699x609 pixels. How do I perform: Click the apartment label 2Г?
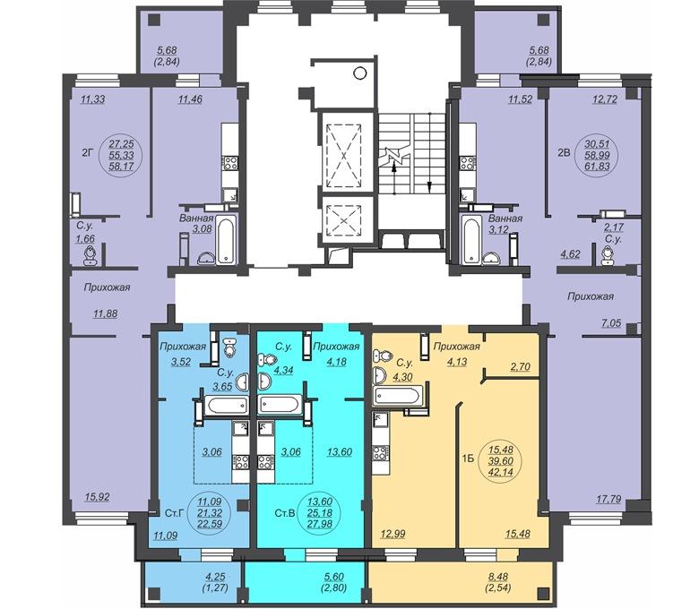tap(87, 153)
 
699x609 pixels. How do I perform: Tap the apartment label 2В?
tap(565, 153)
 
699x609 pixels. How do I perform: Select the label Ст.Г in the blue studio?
tap(175, 513)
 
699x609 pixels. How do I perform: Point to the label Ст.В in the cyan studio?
tap(284, 513)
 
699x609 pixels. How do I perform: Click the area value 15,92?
tap(97, 497)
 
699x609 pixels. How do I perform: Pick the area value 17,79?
tap(608, 499)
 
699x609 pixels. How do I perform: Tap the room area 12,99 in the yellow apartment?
tap(393, 533)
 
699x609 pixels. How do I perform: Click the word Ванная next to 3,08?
tap(196, 219)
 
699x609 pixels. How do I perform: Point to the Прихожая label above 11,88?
tap(107, 287)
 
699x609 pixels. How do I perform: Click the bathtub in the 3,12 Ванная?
tap(470, 240)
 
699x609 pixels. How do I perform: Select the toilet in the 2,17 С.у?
tap(607, 256)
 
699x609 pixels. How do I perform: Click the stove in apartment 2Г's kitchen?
tap(230, 163)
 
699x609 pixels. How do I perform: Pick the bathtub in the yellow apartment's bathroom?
tap(397, 396)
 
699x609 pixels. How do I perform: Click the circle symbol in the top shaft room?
tap(359, 73)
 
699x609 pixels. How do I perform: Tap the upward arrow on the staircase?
tap(394, 177)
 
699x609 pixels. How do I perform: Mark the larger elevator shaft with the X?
tap(344, 156)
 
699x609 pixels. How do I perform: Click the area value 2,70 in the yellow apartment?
tap(520, 366)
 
